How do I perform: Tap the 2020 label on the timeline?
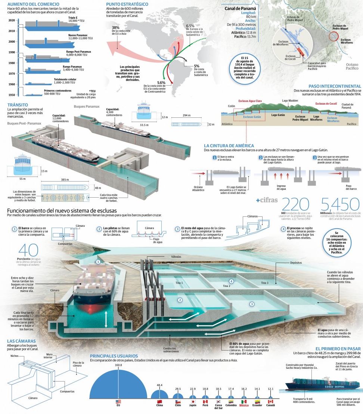[12, 21]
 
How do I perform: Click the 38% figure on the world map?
[116, 27]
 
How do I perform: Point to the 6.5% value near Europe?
[190, 26]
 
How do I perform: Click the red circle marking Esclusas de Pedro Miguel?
[333, 37]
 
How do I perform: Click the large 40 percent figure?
[23, 250]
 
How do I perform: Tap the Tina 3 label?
[264, 282]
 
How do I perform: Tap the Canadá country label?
[271, 405]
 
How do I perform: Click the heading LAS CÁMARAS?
[22, 341]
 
